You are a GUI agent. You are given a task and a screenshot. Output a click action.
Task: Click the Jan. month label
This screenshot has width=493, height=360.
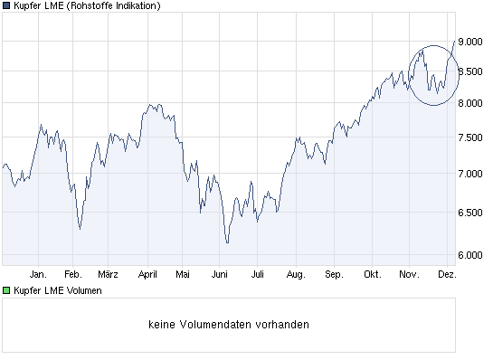pyautogui.click(x=38, y=272)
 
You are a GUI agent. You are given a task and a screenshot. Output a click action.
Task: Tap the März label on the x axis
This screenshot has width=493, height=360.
pyautogui.click(x=108, y=272)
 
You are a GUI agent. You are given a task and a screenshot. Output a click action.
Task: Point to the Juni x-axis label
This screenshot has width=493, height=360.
pyautogui.click(x=220, y=272)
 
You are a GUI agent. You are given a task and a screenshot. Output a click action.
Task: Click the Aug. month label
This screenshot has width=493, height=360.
pyautogui.click(x=295, y=272)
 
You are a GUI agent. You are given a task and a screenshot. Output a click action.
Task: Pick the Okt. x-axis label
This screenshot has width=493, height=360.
pyautogui.click(x=371, y=272)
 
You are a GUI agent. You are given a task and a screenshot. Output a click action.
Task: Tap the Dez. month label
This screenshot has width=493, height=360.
pyautogui.click(x=447, y=272)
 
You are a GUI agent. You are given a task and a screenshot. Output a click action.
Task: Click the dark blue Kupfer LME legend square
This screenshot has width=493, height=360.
pyautogui.click(x=6, y=5)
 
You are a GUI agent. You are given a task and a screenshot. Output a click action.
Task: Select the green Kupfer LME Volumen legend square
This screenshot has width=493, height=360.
pyautogui.click(x=6, y=290)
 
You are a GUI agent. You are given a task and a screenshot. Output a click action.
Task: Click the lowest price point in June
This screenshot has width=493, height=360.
pyautogui.click(x=227, y=242)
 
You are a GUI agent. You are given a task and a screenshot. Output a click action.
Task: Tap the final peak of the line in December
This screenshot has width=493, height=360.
pyautogui.click(x=454, y=40)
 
